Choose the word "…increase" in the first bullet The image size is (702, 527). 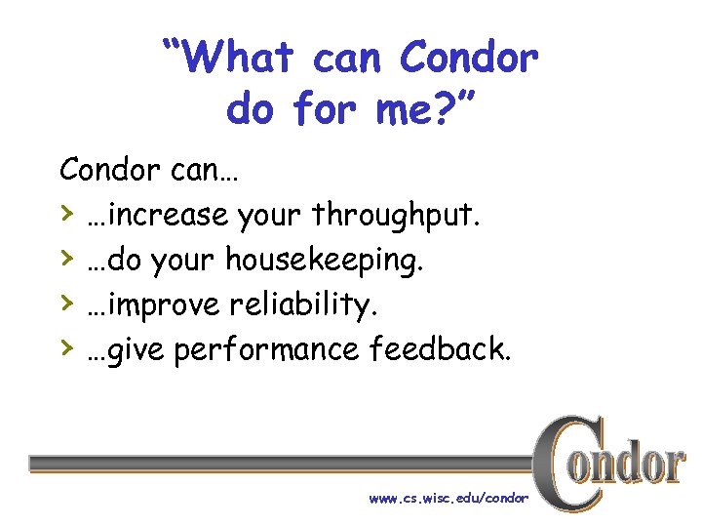click(157, 215)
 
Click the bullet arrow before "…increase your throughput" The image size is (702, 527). click(66, 213)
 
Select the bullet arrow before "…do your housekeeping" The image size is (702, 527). click(66, 259)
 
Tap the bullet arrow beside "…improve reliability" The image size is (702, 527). click(66, 304)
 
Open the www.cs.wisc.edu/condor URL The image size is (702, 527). click(448, 498)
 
